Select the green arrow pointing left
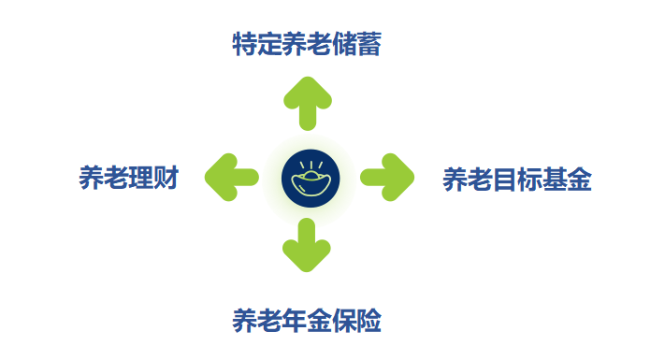pos(231,176)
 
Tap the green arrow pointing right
pos(385,176)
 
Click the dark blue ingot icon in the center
pos(310,176)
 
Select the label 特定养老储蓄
pos(307,43)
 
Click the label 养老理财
pos(129,178)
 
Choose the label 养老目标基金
pos(516,179)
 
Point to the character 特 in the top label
pos(245,43)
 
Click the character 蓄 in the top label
pos(369,43)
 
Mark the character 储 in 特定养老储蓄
pos(344,43)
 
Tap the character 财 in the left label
pos(166,178)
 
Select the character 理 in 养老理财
pos(142,178)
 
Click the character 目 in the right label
pos(504,179)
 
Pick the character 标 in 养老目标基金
pos(529,179)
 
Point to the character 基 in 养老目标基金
pos(554,179)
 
